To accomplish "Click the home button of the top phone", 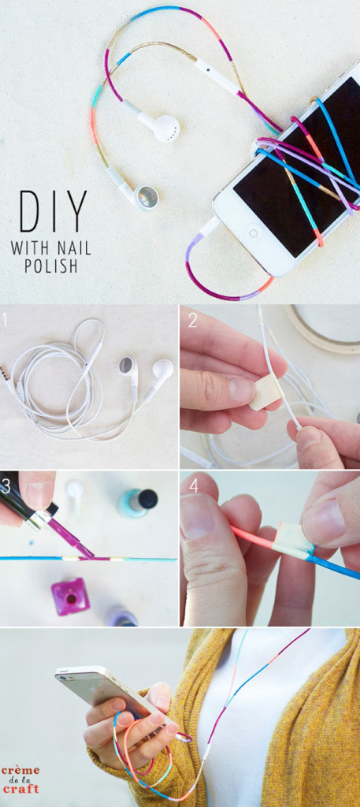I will click(254, 233).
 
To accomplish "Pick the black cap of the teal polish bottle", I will click(147, 499).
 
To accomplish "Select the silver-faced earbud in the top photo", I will click(147, 196).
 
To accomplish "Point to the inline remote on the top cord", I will click(214, 74).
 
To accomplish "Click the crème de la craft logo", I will click(20, 779).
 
